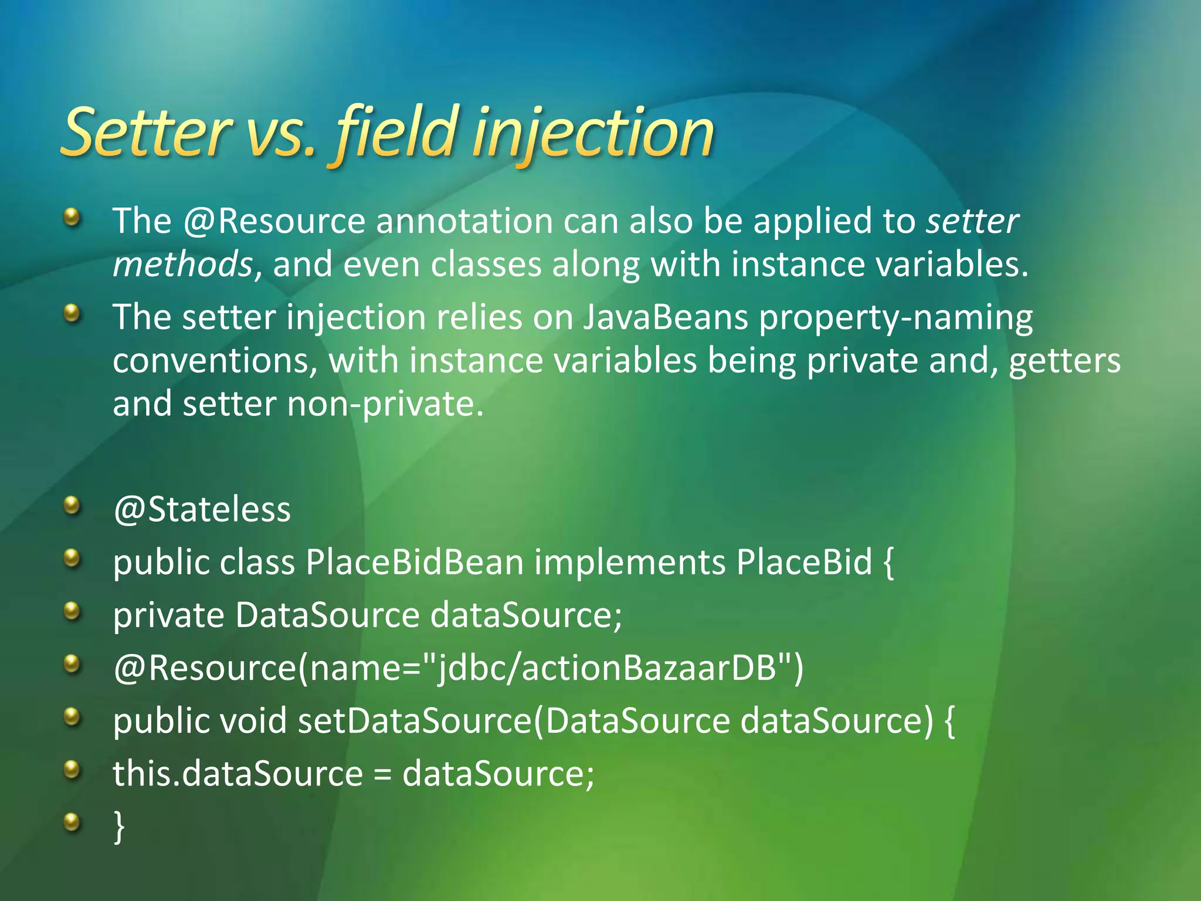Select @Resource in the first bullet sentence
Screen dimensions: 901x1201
coord(274,221)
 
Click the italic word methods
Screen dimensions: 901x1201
coord(182,264)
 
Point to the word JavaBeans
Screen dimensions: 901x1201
coord(666,317)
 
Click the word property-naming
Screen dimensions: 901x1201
coord(896,319)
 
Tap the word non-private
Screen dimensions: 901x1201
coord(385,404)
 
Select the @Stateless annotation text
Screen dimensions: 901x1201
coord(202,509)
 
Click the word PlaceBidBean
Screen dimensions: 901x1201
coord(414,562)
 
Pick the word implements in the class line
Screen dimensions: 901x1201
coord(630,562)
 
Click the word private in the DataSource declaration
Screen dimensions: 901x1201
coord(168,615)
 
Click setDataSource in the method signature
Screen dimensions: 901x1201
coord(414,720)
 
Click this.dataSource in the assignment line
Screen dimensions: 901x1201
coord(238,773)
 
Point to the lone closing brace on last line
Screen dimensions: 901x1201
coord(119,826)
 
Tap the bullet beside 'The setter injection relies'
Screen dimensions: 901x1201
coord(72,314)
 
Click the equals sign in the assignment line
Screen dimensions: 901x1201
coord(382,774)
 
